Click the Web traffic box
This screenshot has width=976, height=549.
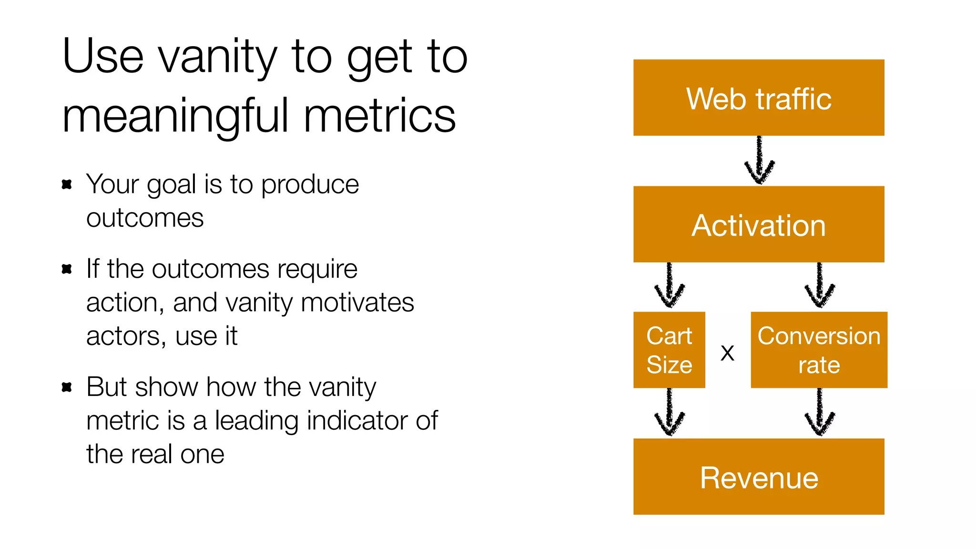[x=759, y=98]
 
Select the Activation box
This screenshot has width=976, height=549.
[x=759, y=224]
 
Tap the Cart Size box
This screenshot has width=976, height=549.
[x=669, y=350]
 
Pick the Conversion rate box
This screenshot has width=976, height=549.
[x=819, y=350]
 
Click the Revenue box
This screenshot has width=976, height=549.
[x=759, y=477]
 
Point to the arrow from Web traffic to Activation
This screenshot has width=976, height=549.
[x=759, y=161]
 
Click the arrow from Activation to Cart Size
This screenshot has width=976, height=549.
[x=670, y=286]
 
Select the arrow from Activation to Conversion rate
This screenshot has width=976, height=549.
[x=820, y=286]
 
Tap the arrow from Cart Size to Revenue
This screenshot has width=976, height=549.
[x=670, y=413]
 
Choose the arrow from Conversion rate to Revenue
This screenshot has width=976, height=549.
[x=820, y=413]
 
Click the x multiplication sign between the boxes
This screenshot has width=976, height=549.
[x=727, y=353]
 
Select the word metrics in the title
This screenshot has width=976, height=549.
[x=380, y=116]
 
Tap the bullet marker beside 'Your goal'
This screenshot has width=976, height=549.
[x=67, y=184]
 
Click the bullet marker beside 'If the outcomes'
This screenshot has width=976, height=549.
[x=67, y=269]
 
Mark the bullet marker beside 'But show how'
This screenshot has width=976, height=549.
[x=67, y=387]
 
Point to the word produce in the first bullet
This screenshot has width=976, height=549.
[x=310, y=185]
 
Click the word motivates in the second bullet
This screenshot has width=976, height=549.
[x=357, y=303]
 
